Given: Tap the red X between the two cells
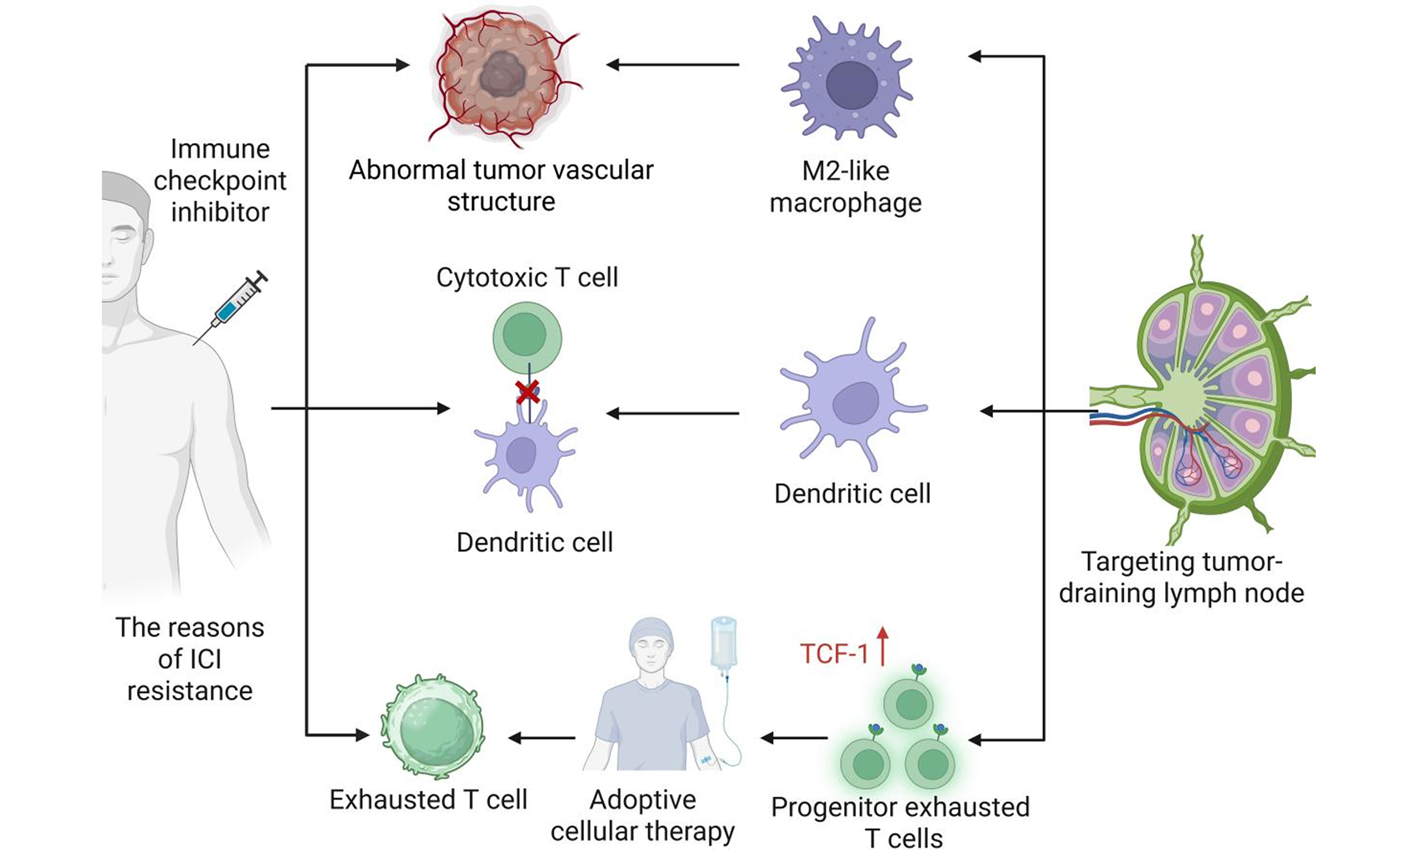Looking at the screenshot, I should (528, 392).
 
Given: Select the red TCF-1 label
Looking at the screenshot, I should (834, 654).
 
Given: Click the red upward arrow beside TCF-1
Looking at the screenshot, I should (883, 647).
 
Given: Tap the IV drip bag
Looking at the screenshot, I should (723, 641).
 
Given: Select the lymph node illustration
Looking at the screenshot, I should (1208, 395).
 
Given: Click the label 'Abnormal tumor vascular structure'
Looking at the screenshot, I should (501, 185).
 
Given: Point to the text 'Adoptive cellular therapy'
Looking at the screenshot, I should (643, 815).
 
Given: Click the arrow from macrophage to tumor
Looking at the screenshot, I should (673, 65).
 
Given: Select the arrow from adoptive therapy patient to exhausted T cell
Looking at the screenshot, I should (542, 738).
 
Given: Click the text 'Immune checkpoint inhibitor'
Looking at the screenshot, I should (220, 180).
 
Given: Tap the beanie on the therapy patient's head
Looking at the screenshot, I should (651, 634).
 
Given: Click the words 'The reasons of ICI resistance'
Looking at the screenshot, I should (190, 659).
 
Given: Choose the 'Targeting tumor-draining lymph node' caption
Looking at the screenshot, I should (1181, 577).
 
